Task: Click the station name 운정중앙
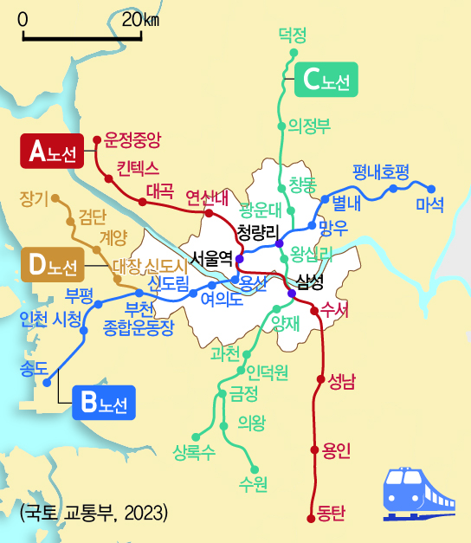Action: click(x=132, y=138)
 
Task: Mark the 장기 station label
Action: click(x=35, y=198)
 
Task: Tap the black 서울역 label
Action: click(x=212, y=257)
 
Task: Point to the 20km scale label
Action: click(x=140, y=20)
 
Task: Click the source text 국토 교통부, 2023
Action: click(x=94, y=513)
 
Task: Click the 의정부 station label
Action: click(x=309, y=126)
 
